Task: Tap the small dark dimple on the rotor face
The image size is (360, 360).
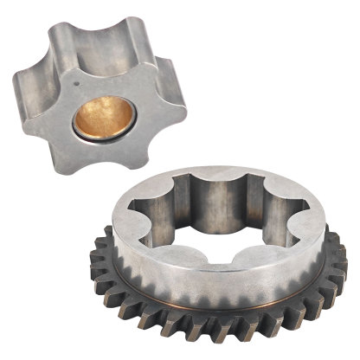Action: coord(78,85)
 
